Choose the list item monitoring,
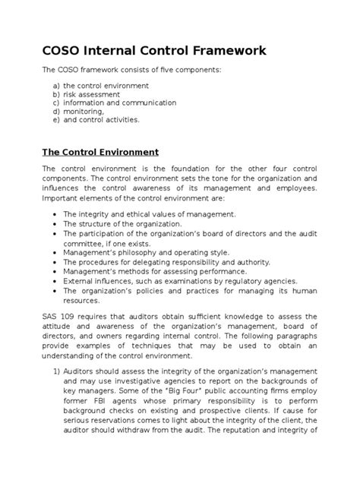click(84, 111)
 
